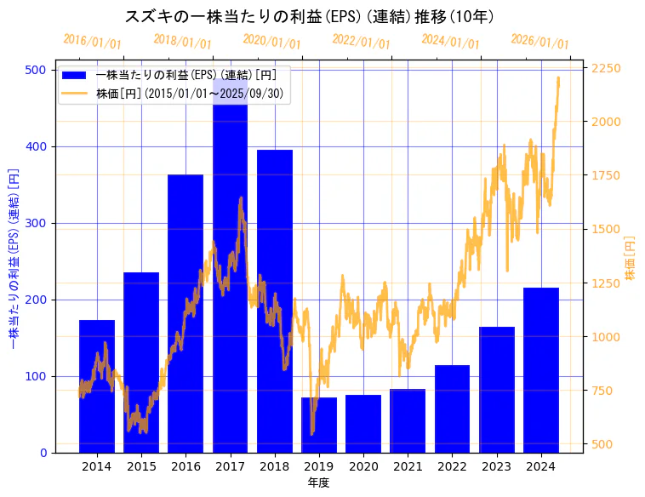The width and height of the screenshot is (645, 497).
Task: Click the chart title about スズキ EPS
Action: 311,17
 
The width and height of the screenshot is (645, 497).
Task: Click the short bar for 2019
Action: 319,425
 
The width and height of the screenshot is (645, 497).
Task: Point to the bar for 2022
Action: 452,408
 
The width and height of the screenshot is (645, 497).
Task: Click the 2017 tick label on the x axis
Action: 231,466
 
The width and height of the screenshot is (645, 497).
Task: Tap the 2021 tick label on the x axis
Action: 408,466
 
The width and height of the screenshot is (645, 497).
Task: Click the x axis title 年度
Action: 319,482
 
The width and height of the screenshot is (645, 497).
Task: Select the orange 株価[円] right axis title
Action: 631,259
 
